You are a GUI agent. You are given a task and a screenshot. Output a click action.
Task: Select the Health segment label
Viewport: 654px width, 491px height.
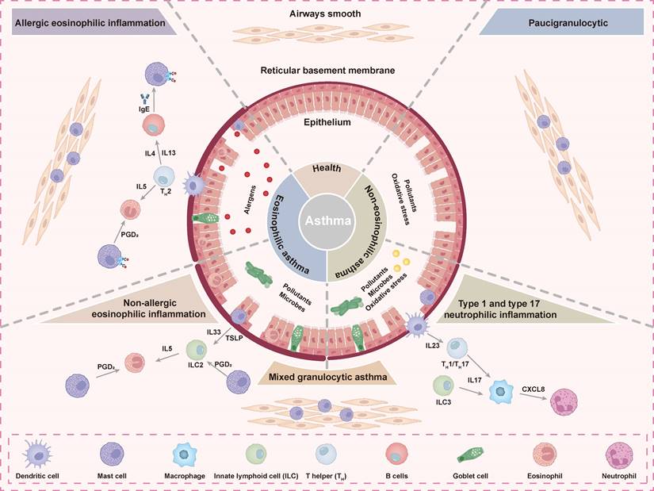pos(327,167)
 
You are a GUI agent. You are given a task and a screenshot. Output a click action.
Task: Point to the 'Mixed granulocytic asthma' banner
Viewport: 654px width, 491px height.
pos(327,378)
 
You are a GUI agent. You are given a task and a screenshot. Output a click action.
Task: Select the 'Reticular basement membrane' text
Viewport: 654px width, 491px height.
pos(327,71)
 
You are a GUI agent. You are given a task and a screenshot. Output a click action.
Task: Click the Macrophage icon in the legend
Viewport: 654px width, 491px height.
pos(185,454)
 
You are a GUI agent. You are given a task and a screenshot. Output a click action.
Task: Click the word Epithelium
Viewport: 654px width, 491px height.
pos(327,124)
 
